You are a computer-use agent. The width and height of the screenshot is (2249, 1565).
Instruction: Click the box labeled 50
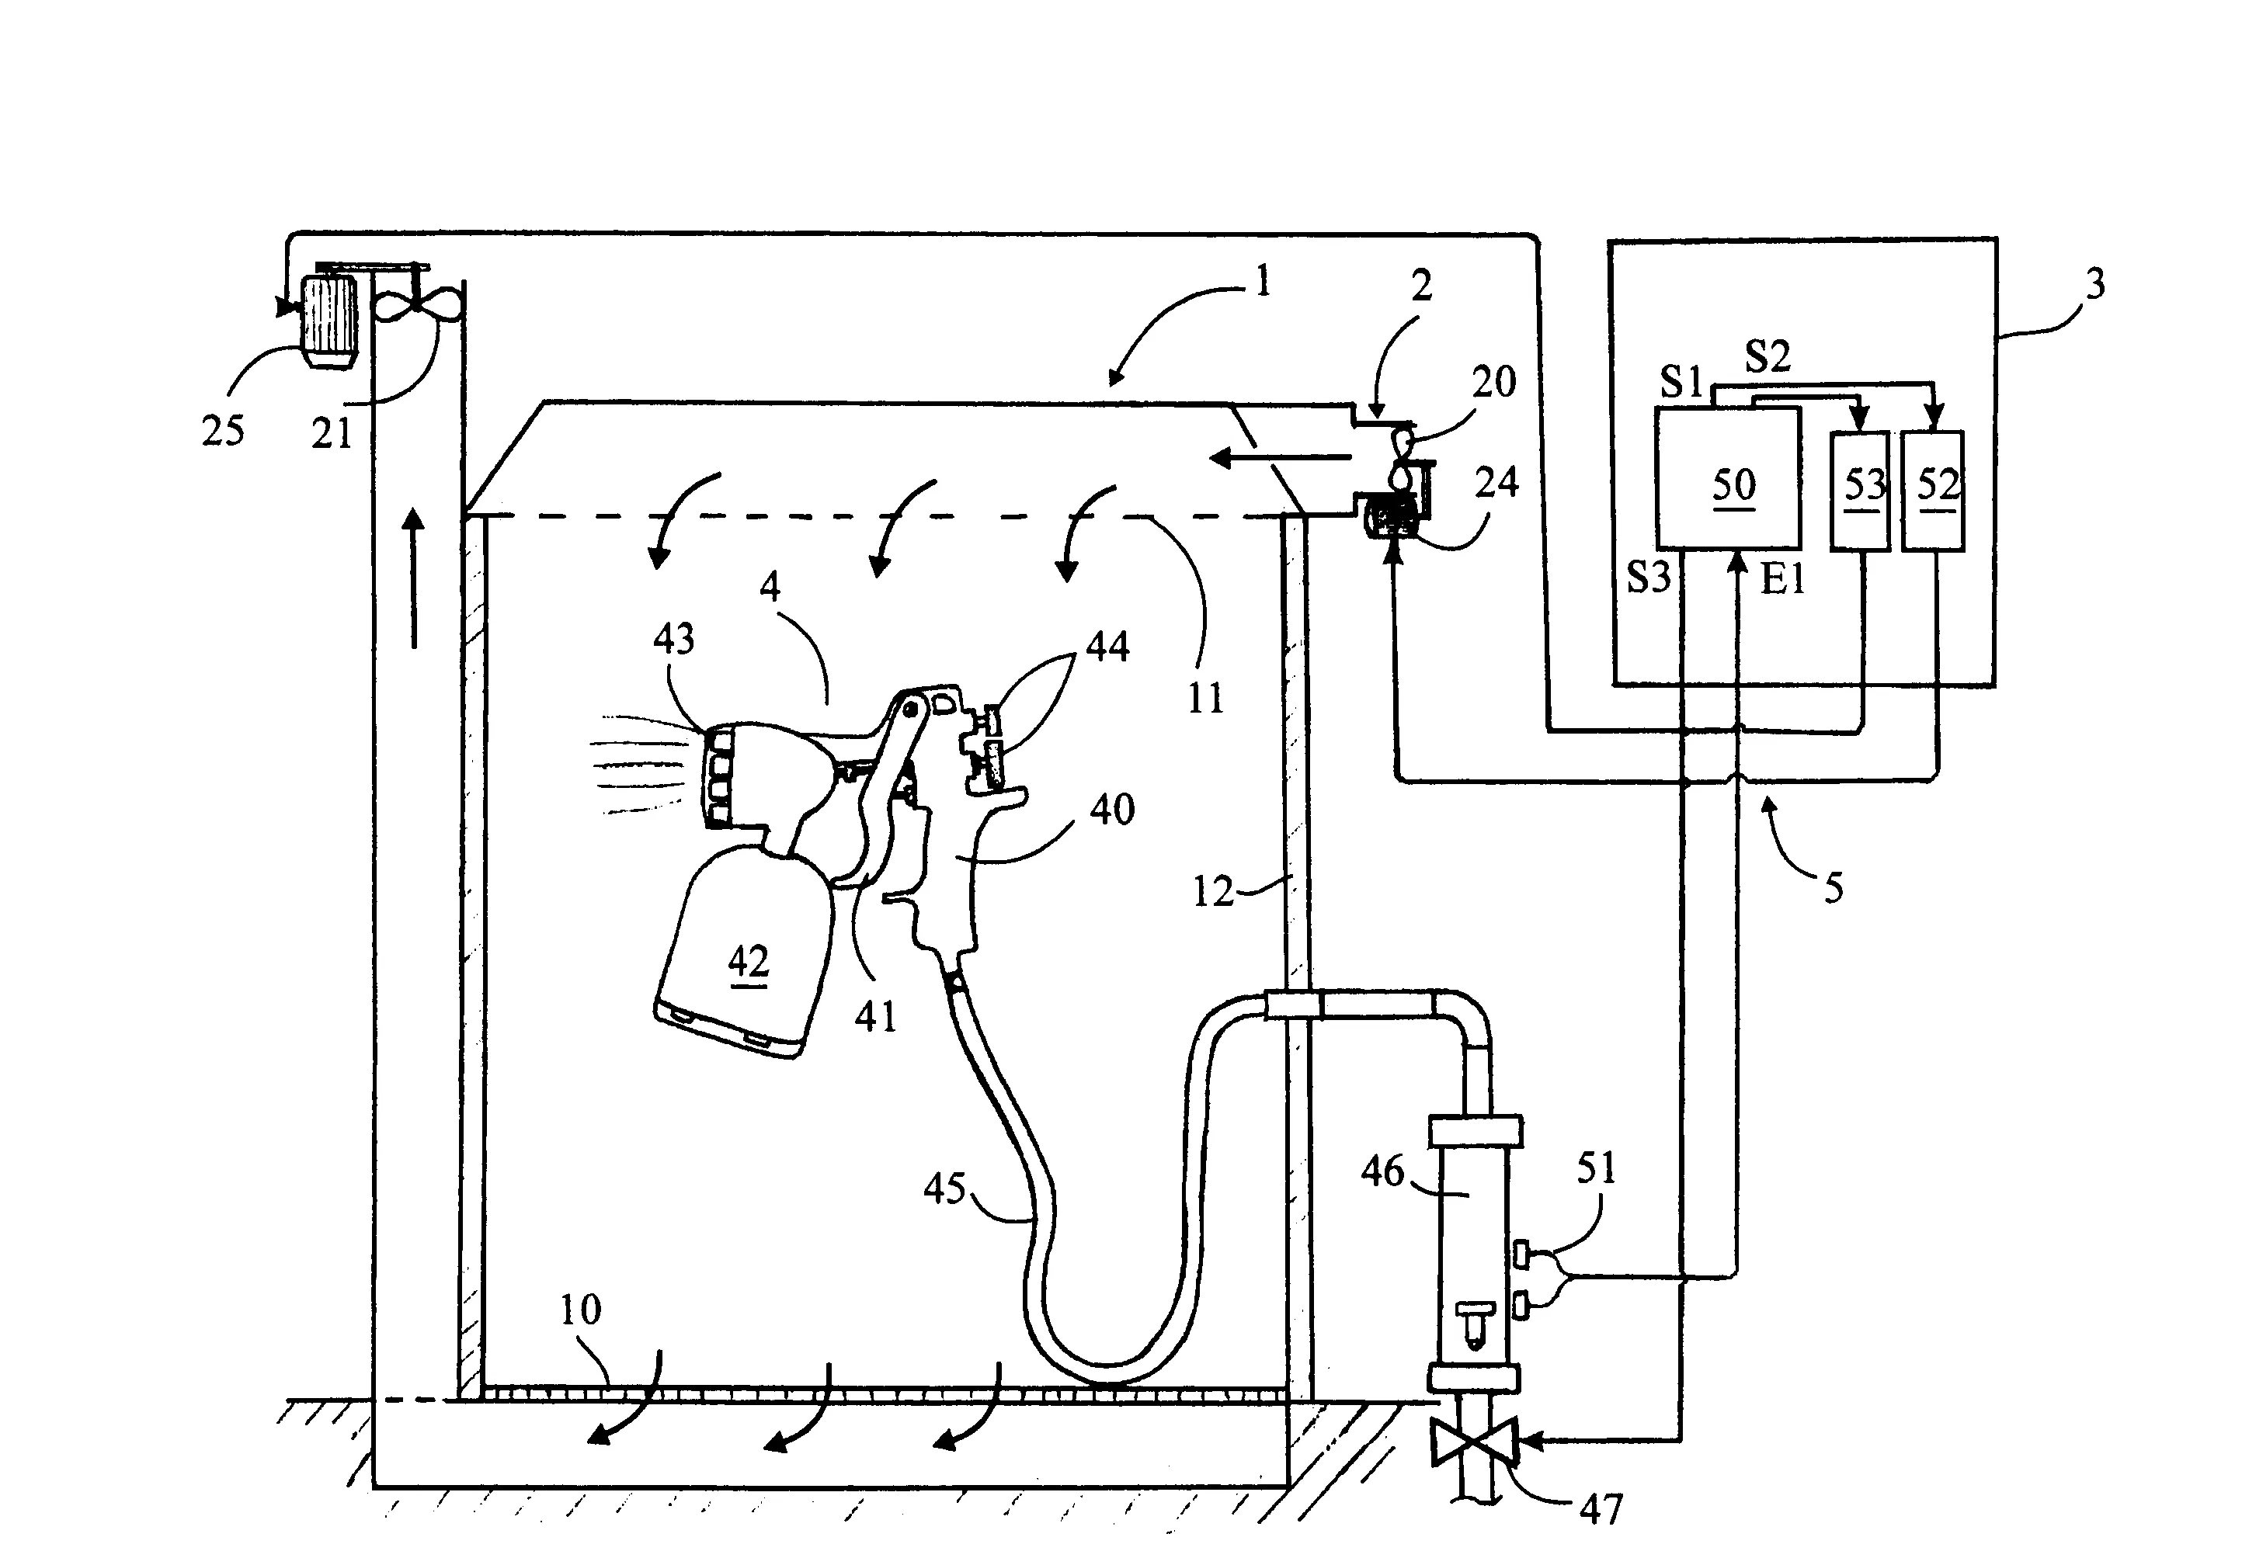pos(1727,478)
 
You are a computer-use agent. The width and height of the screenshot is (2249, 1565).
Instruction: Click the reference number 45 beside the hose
pos(945,1189)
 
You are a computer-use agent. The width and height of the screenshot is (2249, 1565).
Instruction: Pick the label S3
pos(1648,578)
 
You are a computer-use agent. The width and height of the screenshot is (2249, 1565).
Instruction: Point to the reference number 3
pos(2094,284)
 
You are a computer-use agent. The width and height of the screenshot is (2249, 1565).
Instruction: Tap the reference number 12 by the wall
pos(1213,891)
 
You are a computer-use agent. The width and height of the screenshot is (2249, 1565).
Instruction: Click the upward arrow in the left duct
pos(415,577)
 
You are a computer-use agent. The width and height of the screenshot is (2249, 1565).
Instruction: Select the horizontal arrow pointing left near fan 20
pos(1279,456)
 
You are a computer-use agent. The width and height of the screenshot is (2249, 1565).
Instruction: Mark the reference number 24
pos(1496,482)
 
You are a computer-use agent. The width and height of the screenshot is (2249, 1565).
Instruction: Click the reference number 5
pos(1834,888)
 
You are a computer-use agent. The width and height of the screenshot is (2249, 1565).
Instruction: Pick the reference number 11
pos(1204,699)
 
